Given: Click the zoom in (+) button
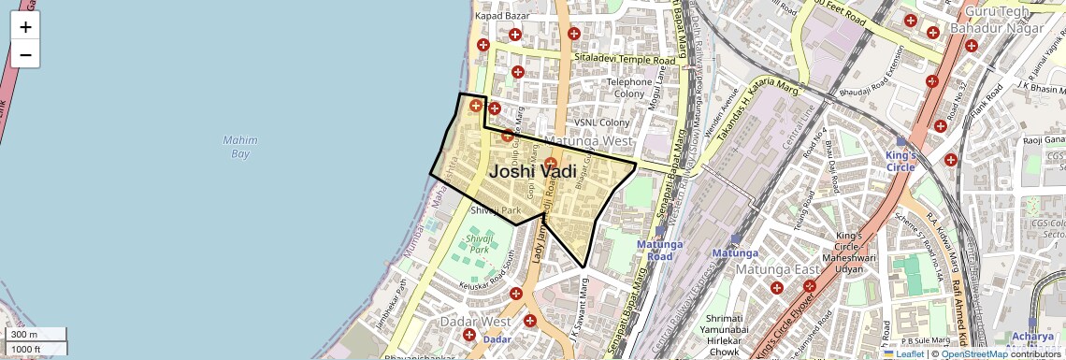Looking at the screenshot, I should pyautogui.click(x=25, y=27).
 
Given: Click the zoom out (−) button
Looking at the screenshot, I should pyautogui.click(x=25, y=55).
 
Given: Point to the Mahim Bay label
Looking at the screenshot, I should pyautogui.click(x=240, y=147).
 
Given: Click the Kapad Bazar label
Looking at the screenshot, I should pyautogui.click(x=502, y=16).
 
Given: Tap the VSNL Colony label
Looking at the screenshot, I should pyautogui.click(x=602, y=122).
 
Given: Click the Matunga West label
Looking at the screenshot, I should pyautogui.click(x=588, y=141).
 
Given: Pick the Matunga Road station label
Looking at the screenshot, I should pyautogui.click(x=661, y=250).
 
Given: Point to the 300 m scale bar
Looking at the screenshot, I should pyautogui.click(x=34, y=335).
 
